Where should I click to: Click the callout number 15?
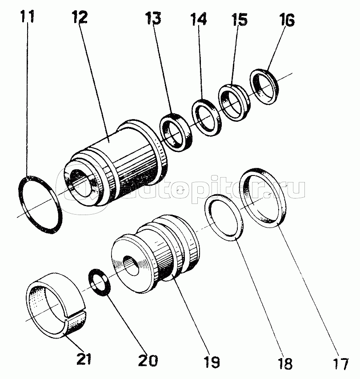[x=240, y=20]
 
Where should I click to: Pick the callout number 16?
[x=287, y=20]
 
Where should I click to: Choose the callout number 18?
[x=285, y=363]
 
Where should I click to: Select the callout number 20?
[x=148, y=360]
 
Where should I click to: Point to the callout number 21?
[x=84, y=359]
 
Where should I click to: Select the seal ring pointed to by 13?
[x=176, y=132]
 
